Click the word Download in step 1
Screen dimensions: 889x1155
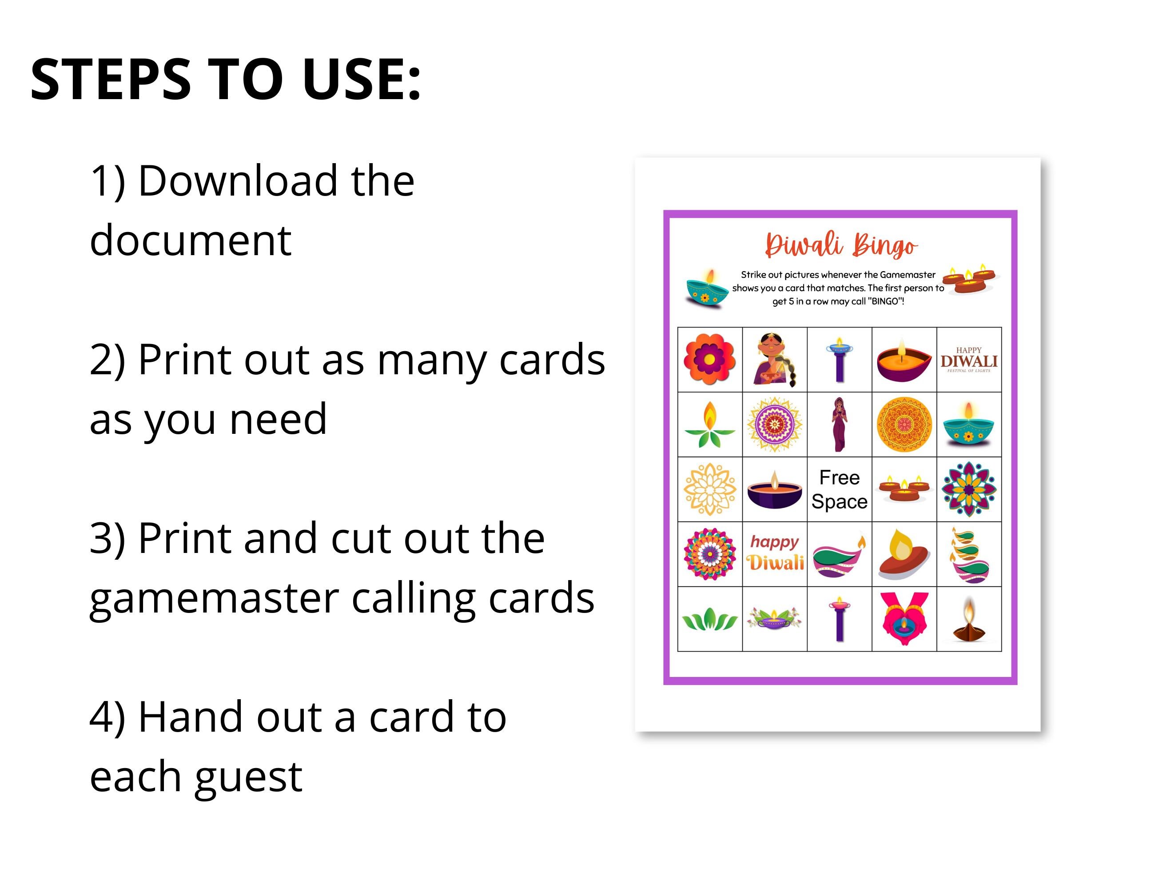tap(238, 181)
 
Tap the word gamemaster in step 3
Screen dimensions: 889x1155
tap(214, 598)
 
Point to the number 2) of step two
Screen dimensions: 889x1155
tap(108, 360)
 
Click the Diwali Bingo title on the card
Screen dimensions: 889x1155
tap(841, 244)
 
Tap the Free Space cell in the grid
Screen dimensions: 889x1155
tap(839, 489)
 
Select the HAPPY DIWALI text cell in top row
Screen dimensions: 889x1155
tap(969, 360)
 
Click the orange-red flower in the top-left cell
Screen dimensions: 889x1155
tap(710, 359)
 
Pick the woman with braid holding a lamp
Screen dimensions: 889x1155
tap(775, 360)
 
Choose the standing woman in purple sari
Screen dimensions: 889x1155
tap(839, 424)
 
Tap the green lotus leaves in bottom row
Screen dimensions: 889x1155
tap(710, 619)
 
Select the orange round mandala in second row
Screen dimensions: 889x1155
tap(904, 424)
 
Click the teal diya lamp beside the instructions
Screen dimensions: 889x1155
tap(706, 289)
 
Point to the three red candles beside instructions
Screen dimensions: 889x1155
tap(971, 280)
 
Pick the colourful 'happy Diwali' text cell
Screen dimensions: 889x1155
tap(775, 553)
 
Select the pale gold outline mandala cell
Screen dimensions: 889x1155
tap(710, 489)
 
